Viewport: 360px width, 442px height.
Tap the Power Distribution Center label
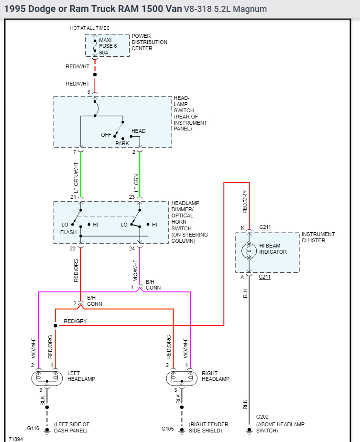(x=149, y=42)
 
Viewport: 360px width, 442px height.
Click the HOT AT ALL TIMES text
(x=89, y=28)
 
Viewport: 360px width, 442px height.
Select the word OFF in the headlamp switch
(x=106, y=135)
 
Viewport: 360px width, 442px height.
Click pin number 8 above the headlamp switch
(x=88, y=92)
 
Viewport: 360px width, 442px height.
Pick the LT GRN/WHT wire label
(x=76, y=178)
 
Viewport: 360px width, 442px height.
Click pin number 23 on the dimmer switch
(x=132, y=197)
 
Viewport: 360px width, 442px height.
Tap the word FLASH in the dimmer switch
(x=68, y=232)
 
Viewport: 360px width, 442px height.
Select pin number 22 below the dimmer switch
(x=73, y=248)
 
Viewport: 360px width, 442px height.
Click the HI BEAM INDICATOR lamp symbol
(x=249, y=250)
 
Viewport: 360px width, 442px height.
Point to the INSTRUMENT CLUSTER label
(x=317, y=237)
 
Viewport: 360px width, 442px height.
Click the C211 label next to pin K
(x=265, y=227)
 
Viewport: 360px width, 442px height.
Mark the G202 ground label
(x=262, y=417)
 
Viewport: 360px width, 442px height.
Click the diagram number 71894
(x=16, y=438)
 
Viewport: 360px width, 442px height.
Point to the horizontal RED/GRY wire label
(x=76, y=321)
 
